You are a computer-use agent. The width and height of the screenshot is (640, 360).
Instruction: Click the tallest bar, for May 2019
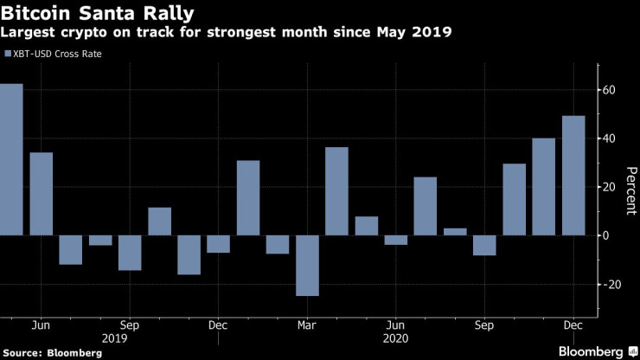coord(11,159)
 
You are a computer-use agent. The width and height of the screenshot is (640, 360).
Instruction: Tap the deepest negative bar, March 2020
coord(307,265)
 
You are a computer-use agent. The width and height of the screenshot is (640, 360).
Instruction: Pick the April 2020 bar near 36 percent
coord(336,191)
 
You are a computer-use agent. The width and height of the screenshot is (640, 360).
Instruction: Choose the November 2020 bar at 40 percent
coord(543,187)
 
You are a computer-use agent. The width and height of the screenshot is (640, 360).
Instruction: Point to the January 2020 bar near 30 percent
coord(248,198)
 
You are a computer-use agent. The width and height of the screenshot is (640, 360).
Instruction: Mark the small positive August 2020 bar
coord(455,232)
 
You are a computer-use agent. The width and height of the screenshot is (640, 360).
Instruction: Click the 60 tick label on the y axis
coord(609,90)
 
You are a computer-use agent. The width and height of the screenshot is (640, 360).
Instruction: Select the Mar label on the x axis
coord(307,325)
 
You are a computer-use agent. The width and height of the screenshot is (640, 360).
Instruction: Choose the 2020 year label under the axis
coord(395,339)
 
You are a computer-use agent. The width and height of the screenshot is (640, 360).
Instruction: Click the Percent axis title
coord(629,187)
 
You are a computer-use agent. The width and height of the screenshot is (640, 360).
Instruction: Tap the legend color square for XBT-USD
coord(8,54)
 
